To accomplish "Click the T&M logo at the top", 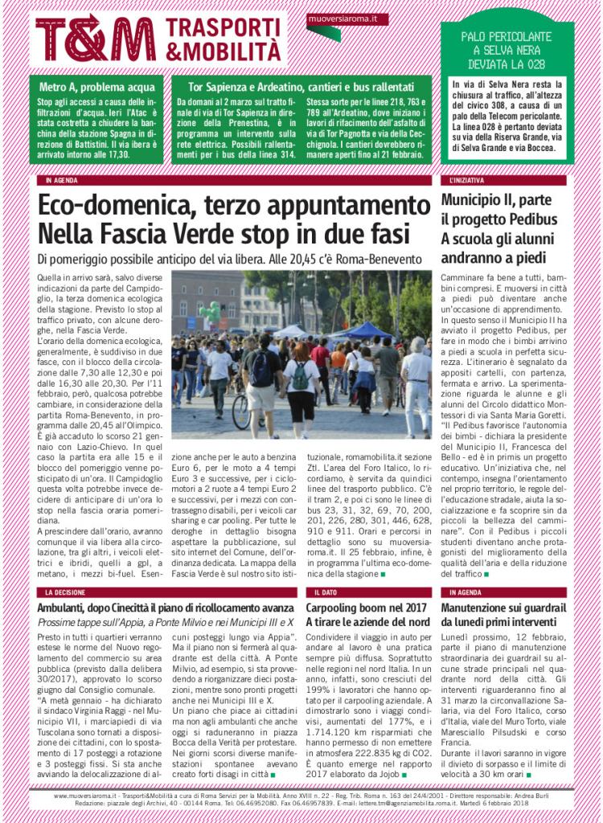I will tap(95, 39).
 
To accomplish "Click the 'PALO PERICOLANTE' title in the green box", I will tap(507, 36).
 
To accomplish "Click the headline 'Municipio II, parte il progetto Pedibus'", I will tap(505, 209).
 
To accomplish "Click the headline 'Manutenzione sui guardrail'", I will tap(508, 608).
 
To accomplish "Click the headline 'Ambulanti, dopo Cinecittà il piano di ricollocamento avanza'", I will tap(164, 608).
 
